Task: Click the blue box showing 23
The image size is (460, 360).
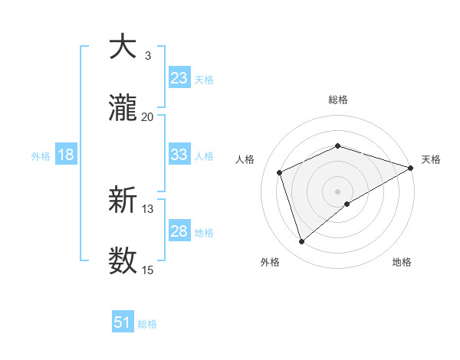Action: (179, 78)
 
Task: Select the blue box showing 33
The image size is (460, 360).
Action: (179, 155)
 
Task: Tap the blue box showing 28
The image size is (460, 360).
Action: (179, 231)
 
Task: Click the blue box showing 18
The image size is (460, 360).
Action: (66, 155)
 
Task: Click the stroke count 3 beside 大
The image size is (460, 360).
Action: (147, 56)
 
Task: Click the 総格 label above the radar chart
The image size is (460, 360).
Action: (337, 100)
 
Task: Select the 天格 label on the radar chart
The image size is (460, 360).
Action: (431, 159)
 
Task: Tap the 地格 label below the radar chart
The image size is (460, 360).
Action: (402, 262)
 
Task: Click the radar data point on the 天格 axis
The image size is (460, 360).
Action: (411, 168)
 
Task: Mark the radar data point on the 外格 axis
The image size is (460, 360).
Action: (301, 241)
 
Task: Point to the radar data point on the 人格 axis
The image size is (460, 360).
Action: (280, 172)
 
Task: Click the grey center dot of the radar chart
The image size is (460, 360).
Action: (337, 191)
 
